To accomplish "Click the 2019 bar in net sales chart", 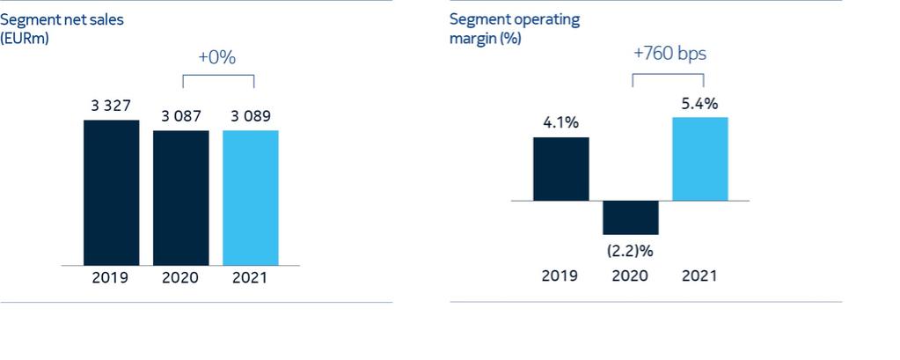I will point(111,192).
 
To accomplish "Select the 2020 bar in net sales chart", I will point(180,197).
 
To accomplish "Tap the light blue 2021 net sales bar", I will point(251,197).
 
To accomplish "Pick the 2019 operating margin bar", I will point(560,168).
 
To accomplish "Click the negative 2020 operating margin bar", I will point(630,217).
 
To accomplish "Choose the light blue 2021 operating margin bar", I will point(700,158).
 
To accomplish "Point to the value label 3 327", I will point(111,107).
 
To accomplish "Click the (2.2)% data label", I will point(630,249).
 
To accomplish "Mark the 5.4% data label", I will point(700,104).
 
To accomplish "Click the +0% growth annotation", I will point(216,57).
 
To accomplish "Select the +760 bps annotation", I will point(670,54).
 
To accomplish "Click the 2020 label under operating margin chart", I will point(630,276).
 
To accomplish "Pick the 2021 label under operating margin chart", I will point(700,276).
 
